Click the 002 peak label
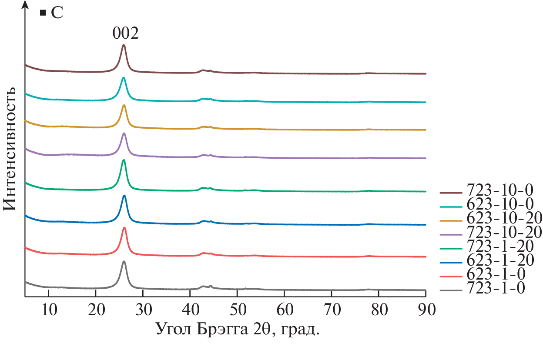(125, 33)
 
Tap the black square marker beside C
(43, 13)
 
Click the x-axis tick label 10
(49, 310)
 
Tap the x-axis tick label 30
(143, 310)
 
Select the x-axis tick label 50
(237, 310)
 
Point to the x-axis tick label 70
(332, 310)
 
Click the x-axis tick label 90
(426, 310)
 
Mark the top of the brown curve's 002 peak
(124, 45)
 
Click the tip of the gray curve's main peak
(124, 261)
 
